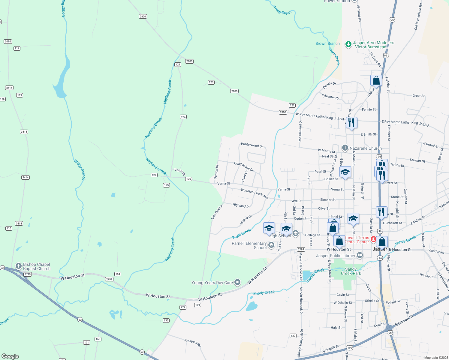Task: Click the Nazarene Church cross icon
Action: point(345,148)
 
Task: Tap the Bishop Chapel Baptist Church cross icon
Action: point(19,266)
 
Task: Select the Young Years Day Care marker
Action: point(237,282)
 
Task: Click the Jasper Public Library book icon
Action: point(360,255)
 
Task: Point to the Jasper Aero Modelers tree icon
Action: point(348,44)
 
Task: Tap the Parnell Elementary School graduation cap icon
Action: point(271,245)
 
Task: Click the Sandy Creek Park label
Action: point(351,271)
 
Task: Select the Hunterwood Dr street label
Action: point(252,145)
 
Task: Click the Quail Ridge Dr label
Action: point(244,166)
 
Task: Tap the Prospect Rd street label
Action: point(192,343)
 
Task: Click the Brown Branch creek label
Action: point(327,43)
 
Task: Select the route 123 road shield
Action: point(211,82)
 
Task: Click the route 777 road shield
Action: point(183,307)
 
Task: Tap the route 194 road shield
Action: point(118,274)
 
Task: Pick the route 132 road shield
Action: point(293,336)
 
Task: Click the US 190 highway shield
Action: point(350,348)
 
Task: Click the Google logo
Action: point(10,356)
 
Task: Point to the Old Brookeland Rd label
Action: point(418,16)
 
